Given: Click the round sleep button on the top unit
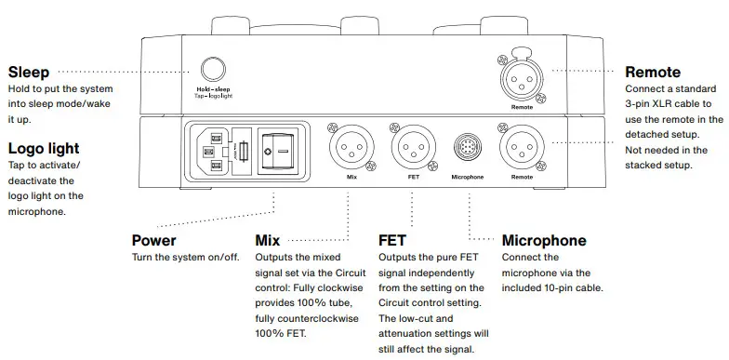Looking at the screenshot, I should pyautogui.click(x=213, y=69).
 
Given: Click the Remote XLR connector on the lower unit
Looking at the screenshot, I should pyautogui.click(x=522, y=148).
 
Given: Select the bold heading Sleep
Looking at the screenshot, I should pyautogui.click(x=28, y=72).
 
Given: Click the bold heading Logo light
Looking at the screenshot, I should pyautogui.click(x=44, y=148).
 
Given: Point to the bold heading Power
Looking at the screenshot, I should pyautogui.click(x=154, y=240).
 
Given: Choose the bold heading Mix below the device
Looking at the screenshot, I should pyautogui.click(x=268, y=240).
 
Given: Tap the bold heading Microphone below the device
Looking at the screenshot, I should pyautogui.click(x=544, y=240).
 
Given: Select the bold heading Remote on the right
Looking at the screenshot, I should pyautogui.click(x=653, y=72).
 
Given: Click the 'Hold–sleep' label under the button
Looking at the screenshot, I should pyautogui.click(x=213, y=88).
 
